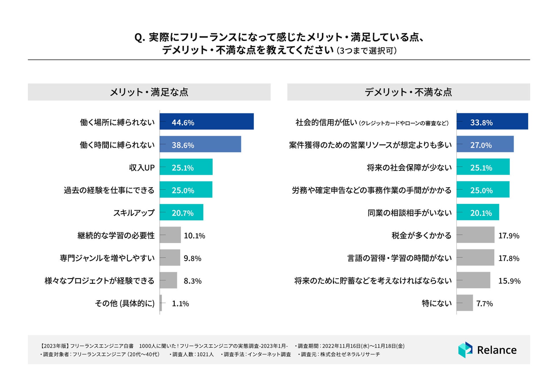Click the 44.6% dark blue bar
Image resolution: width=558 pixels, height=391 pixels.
207,121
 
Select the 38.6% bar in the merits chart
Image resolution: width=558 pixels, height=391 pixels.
200,144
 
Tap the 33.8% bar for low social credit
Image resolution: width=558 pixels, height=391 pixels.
492,121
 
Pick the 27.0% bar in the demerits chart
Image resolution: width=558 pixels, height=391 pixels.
485,144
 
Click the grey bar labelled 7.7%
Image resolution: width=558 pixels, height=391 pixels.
465,303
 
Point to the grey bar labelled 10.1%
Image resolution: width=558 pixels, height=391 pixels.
170,235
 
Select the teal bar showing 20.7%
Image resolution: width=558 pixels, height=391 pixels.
181,212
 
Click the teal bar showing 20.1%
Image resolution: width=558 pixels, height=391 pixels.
478,212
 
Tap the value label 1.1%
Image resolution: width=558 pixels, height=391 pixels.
180,304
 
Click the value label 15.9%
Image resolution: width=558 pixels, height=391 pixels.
509,281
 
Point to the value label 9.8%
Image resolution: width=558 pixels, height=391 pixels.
192,258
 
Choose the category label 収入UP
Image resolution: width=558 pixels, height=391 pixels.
142,168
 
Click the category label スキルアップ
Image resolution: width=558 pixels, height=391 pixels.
134,213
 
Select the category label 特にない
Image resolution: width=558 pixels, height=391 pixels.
437,303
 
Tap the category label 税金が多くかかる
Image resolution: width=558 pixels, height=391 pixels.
421,235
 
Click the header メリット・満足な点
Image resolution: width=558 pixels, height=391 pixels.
149,92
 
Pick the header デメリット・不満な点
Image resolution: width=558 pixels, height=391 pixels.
408,92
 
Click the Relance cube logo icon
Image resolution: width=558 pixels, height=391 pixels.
465,350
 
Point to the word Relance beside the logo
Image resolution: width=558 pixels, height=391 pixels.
497,350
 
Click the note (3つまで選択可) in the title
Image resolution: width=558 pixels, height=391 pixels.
367,51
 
